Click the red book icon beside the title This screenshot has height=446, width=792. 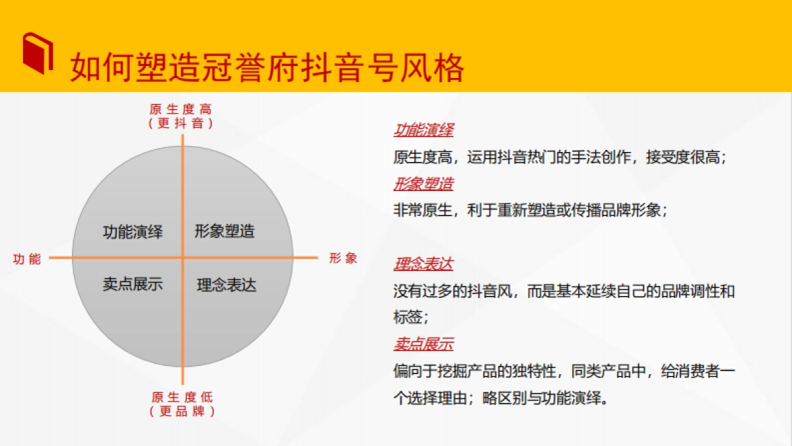coord(38,52)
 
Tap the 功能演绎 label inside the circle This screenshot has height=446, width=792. coord(133,232)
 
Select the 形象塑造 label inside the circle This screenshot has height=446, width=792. coord(224,231)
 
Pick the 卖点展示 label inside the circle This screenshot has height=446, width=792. coord(133,284)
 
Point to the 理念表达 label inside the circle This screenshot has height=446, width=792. coord(226,285)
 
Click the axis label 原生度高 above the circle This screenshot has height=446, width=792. coord(181,110)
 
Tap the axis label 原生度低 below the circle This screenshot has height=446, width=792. coord(182,397)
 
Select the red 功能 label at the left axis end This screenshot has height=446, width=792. coord(27,259)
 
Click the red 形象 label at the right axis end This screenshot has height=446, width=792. coord(343,258)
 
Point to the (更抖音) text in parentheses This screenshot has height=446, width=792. coord(181,123)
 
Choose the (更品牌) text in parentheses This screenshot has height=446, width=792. coord(182,411)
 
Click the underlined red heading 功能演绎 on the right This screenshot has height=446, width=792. coord(423,130)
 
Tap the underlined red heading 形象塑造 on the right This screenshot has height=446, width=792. coord(423,184)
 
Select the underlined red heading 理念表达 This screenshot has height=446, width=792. coord(423,264)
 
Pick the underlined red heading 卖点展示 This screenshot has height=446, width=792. coord(423,344)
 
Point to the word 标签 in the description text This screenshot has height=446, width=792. coord(408,317)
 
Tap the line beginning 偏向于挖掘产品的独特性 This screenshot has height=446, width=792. coord(564,371)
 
